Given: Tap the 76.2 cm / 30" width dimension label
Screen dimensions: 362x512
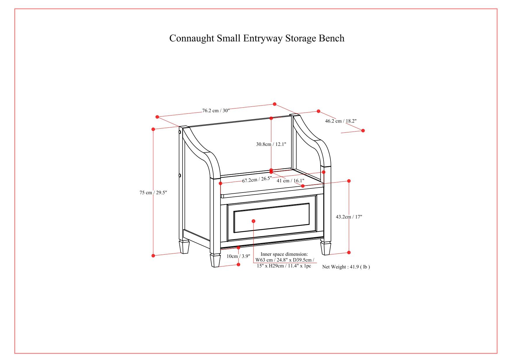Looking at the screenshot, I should (216, 111).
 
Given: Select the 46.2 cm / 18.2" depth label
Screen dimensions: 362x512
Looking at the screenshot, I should (341, 121).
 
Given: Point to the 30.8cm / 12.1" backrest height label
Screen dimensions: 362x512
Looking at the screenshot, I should (271, 144).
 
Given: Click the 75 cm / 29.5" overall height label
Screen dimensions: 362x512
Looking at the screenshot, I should (153, 193).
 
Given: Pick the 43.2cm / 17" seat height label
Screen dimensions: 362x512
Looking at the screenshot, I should (349, 217).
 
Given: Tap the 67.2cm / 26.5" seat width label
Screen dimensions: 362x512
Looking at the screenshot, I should (257, 179).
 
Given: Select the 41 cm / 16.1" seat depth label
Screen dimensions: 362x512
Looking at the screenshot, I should (290, 181).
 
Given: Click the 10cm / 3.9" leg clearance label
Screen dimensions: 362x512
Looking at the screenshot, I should (238, 256).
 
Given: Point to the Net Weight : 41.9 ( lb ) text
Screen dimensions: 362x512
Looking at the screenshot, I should (346, 267).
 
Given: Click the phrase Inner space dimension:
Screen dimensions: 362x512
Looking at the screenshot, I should (284, 254).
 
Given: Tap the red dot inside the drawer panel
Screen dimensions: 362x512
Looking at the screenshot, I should (253, 221).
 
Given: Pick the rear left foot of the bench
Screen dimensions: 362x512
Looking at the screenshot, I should (184, 247).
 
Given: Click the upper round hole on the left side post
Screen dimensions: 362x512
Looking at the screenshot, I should (180, 132).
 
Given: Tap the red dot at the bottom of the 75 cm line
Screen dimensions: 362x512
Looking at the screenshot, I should (153, 256).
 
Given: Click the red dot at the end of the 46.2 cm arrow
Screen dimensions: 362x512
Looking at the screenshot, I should (363, 130).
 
